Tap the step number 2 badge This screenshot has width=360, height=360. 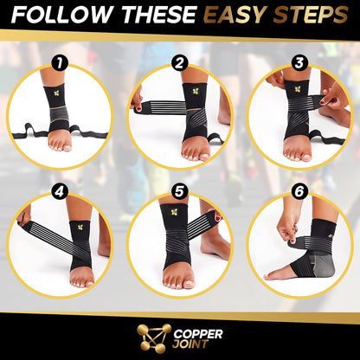[x=180, y=63]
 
